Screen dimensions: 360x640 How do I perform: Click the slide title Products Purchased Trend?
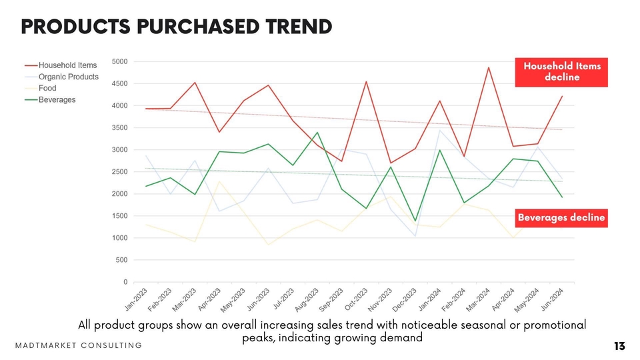[x=177, y=27]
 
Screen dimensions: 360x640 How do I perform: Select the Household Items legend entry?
[x=67, y=65]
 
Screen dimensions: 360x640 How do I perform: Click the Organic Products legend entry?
[x=68, y=77]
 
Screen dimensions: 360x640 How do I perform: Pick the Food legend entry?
[x=47, y=88]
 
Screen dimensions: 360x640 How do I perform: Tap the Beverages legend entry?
[x=57, y=100]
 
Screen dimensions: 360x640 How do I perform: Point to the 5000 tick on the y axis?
[x=120, y=62]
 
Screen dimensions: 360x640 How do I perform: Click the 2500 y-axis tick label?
[x=120, y=172]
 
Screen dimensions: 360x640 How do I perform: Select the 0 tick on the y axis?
[x=125, y=282]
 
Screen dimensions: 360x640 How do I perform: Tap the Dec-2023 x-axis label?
[x=406, y=299]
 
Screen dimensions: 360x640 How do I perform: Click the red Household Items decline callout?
[x=561, y=72]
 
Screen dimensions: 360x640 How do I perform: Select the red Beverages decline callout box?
[x=561, y=217]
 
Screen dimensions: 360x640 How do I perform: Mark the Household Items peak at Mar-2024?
[x=488, y=67]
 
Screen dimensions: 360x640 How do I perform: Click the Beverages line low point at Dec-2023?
[x=415, y=221]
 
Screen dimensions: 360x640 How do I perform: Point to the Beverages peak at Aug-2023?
[x=317, y=133]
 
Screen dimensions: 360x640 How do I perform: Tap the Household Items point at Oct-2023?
[x=366, y=82]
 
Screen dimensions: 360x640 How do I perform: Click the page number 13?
[x=619, y=346]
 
